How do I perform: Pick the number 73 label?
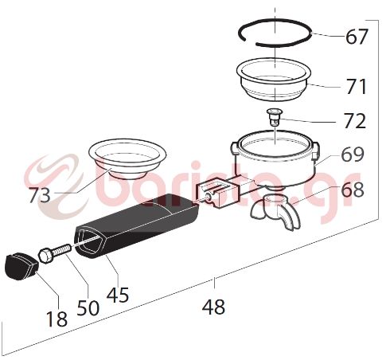coord(38,194)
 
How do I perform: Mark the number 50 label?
coord(88,307)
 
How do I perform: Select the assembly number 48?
coord(213,306)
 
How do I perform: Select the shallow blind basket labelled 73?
coord(127,158)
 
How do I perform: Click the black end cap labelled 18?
coord(21,265)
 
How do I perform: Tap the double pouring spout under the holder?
coord(275,209)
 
